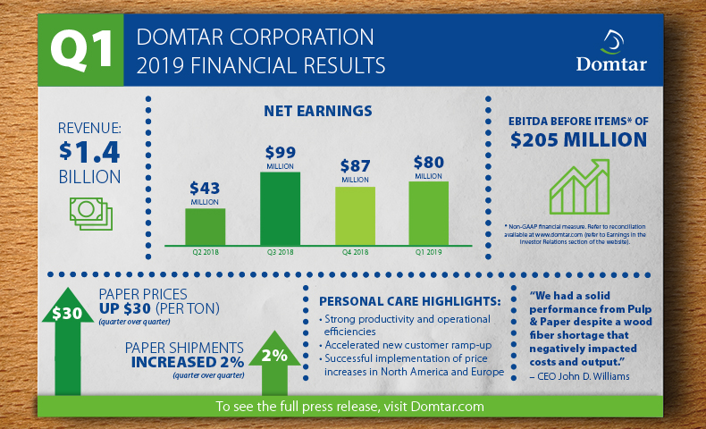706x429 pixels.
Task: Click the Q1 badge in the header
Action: click(x=80, y=50)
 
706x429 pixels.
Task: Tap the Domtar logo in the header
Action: click(x=611, y=50)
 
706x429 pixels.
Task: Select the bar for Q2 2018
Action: click(x=206, y=227)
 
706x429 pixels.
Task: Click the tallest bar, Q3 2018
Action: click(x=280, y=209)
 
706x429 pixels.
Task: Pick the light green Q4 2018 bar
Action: click(x=356, y=216)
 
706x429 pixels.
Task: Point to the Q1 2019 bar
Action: click(x=429, y=214)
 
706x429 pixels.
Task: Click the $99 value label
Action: click(x=280, y=153)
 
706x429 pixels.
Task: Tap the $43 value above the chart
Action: click(x=205, y=188)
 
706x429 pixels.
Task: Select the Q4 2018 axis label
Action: click(x=356, y=252)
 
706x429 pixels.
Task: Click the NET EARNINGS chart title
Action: click(x=318, y=111)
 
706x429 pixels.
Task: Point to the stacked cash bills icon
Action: click(x=91, y=214)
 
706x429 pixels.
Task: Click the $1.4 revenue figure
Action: click(x=89, y=152)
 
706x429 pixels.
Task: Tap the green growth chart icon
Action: click(x=579, y=187)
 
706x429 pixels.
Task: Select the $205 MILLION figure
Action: click(x=578, y=139)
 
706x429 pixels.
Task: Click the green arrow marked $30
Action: click(x=67, y=341)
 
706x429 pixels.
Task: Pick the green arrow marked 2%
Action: click(x=274, y=363)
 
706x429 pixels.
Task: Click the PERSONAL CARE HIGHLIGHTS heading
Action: click(x=409, y=301)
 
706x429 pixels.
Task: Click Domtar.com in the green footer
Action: click(x=448, y=407)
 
